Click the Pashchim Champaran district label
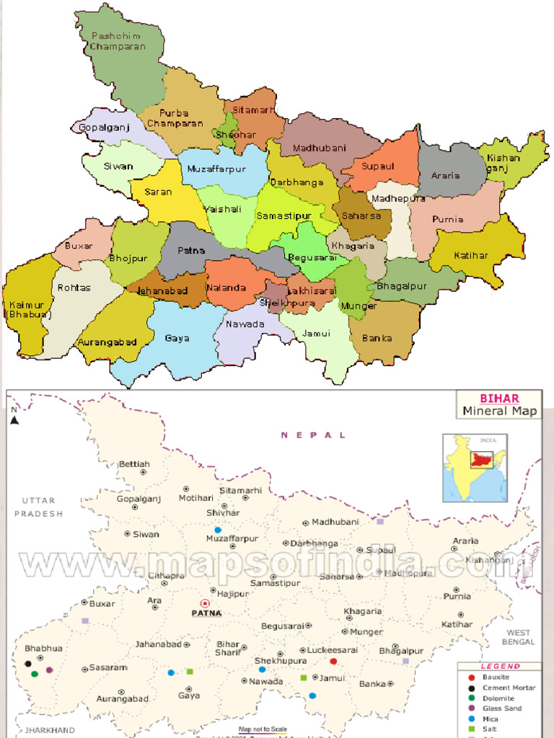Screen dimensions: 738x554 coord(118,41)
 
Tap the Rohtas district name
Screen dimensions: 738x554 coord(74,288)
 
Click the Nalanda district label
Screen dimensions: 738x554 coord(225,288)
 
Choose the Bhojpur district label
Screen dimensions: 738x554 coord(128,257)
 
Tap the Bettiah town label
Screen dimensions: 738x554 coord(134,463)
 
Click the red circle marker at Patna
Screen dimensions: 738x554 coord(204,603)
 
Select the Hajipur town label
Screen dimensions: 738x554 coord(233,594)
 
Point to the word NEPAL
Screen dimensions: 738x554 coord(313,435)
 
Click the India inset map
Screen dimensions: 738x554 coord(475,467)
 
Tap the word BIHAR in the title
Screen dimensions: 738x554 coord(499,398)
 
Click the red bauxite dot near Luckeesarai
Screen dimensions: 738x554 coord(333,661)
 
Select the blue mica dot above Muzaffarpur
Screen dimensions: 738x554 coord(217,530)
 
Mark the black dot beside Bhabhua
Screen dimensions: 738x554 coord(28,663)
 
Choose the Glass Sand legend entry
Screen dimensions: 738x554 coord(502,708)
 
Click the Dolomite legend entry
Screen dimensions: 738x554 coord(498,698)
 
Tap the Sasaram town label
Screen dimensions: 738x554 coord(108,668)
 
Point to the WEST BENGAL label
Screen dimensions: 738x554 coord(519,637)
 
